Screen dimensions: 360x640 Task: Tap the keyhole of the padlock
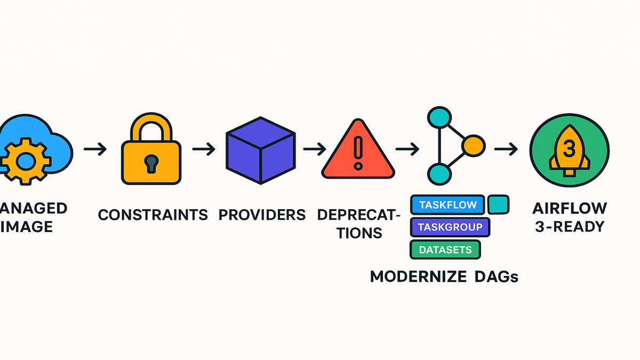pos(151,163)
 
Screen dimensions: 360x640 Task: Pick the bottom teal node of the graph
pos(440,173)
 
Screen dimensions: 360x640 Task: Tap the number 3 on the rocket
pos(569,146)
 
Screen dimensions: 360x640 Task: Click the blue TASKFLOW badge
pos(447,205)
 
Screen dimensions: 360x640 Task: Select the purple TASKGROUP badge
pos(450,227)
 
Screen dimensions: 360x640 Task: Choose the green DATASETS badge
pos(445,249)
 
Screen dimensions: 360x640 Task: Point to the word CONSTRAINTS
pos(153,215)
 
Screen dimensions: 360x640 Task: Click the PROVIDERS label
pos(262,215)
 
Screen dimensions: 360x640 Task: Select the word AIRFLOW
pos(569,207)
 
